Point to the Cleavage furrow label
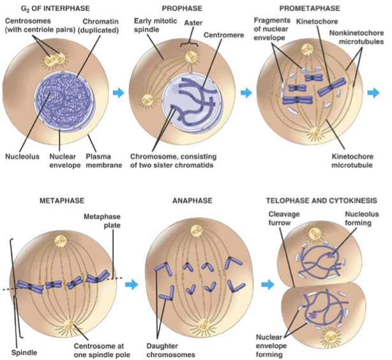click(280, 219)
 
